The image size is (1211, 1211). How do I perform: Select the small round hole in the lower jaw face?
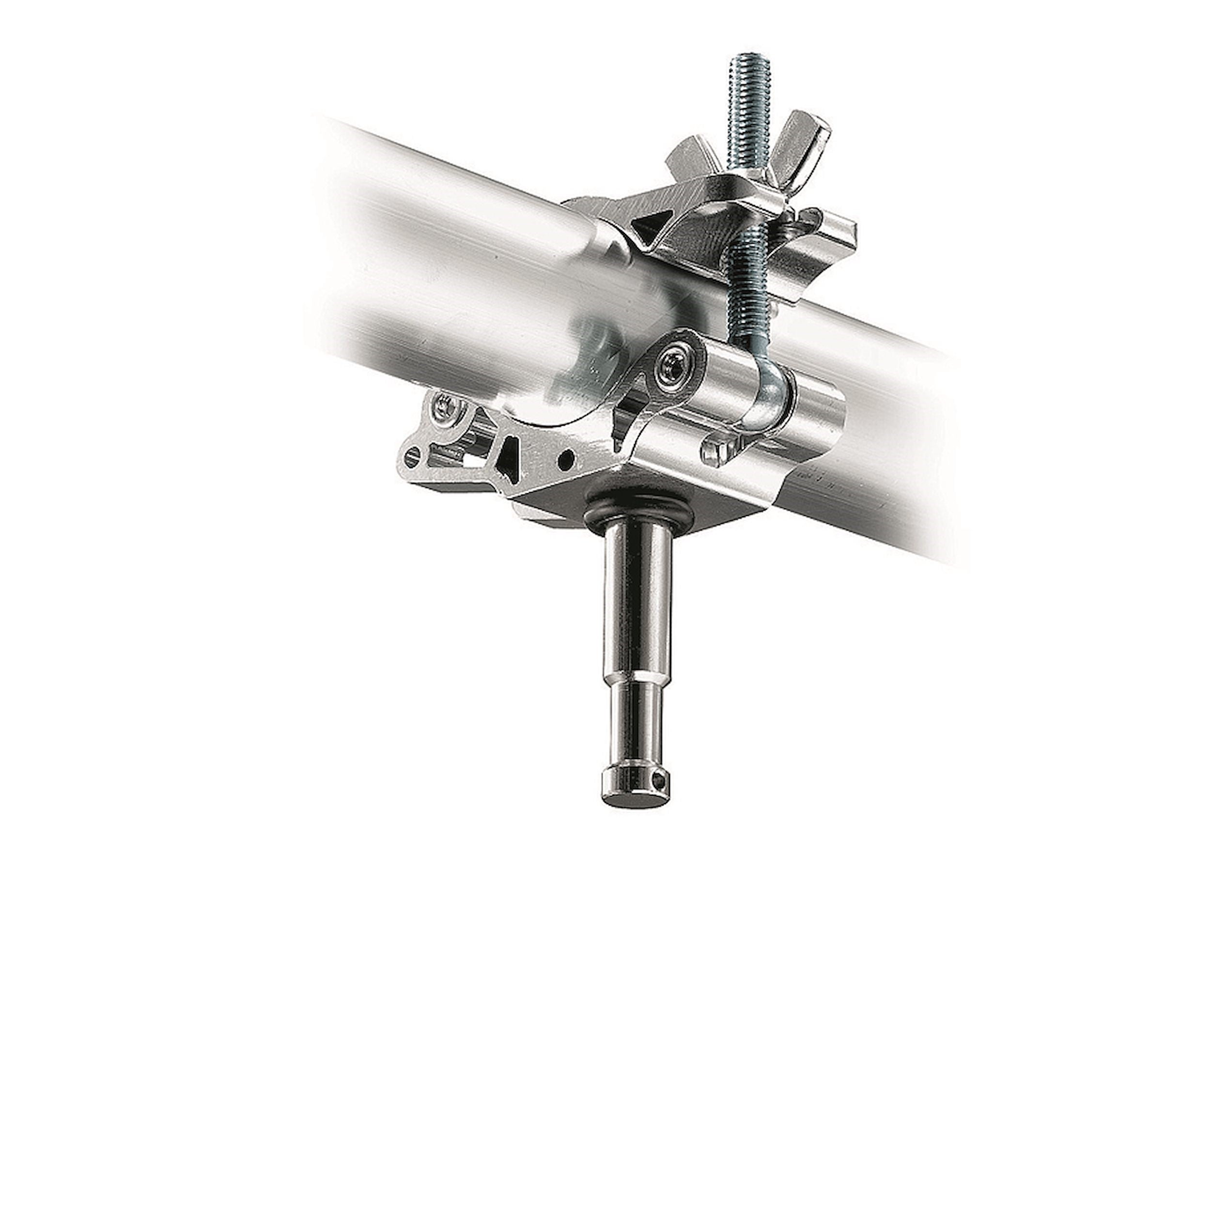pos(568,458)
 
